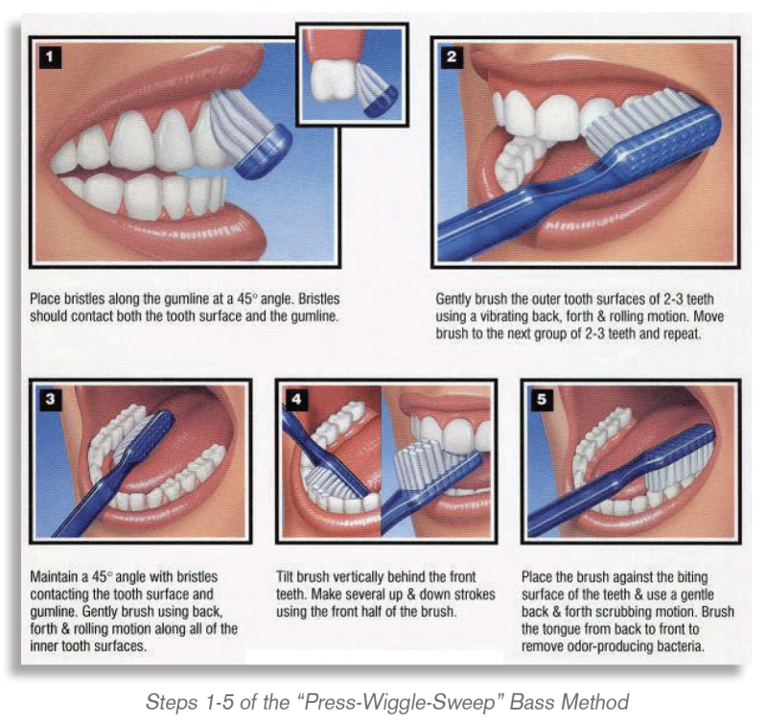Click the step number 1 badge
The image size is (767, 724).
pos(50,57)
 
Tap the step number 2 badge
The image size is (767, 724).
pos(451,57)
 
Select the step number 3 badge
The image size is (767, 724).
pos(50,399)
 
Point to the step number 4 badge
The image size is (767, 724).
pos(296,399)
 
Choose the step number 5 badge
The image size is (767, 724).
pos(542,399)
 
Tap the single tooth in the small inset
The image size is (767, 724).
pos(334,80)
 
